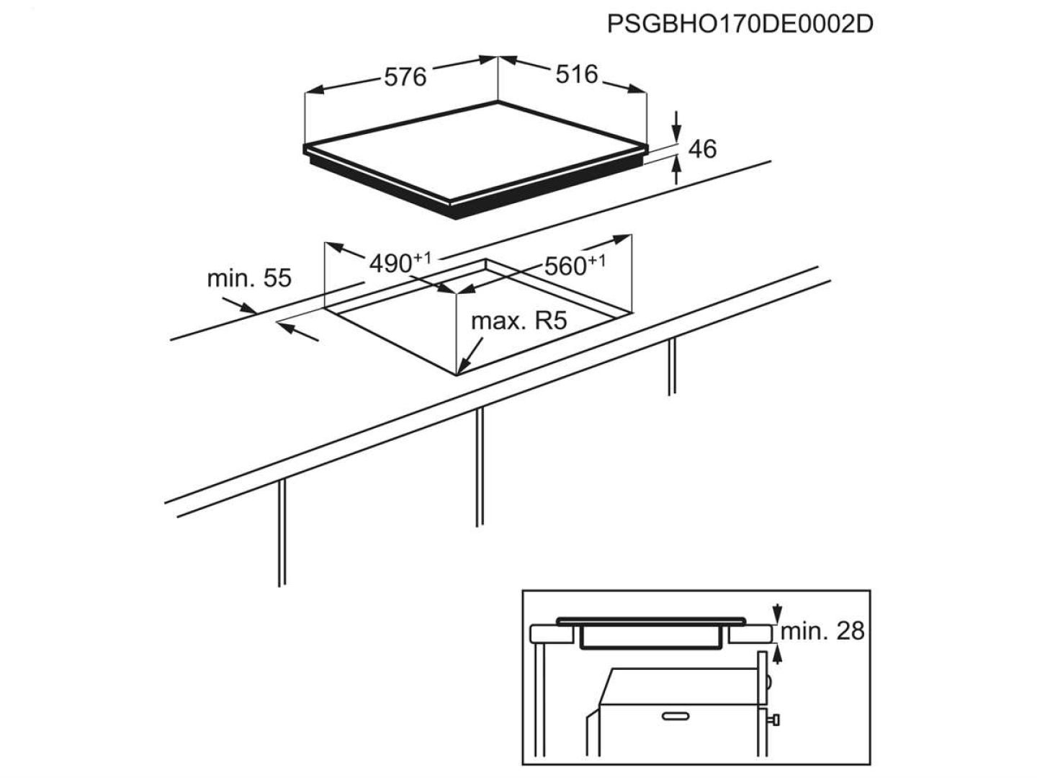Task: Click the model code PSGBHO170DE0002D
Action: [x=740, y=24]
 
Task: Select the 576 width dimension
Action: [x=405, y=76]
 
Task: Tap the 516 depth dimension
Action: [x=577, y=74]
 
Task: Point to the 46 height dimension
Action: [x=703, y=149]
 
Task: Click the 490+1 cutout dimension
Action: [x=400, y=263]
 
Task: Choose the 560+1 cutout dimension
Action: [x=575, y=265]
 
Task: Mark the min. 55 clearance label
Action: [x=249, y=278]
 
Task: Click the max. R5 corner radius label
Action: [x=518, y=321]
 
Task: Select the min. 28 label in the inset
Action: [x=822, y=630]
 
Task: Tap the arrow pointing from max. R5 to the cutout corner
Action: [x=470, y=356]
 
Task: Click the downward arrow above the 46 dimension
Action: [x=677, y=126]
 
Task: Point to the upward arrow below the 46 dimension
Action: [x=677, y=170]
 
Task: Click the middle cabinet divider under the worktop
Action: [x=480, y=468]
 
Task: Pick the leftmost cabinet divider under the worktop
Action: [x=282, y=533]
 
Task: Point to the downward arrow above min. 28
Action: [x=776, y=614]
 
